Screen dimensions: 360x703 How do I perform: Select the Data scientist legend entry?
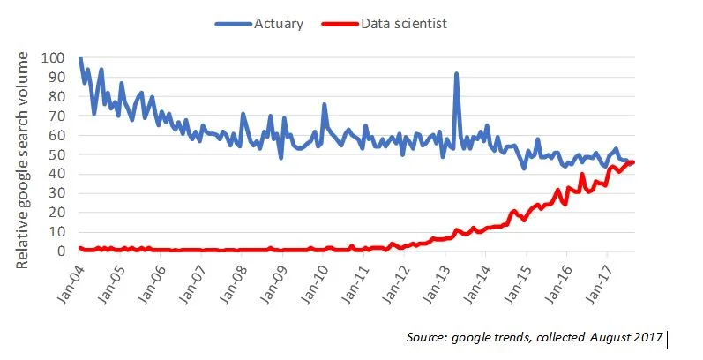click(403, 24)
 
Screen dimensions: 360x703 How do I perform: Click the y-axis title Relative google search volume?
click(25, 159)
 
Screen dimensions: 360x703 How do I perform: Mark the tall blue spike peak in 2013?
click(457, 74)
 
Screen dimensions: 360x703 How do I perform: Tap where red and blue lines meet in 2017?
click(632, 162)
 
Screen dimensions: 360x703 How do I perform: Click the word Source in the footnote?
click(428, 338)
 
